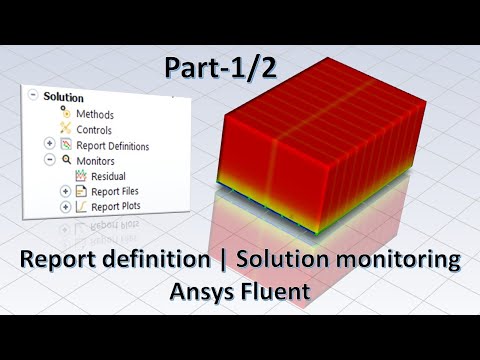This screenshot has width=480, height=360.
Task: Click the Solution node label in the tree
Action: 63,97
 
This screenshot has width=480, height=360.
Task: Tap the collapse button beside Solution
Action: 34,96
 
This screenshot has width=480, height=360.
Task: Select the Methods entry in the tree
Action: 95,114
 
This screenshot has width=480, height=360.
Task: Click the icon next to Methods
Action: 66,113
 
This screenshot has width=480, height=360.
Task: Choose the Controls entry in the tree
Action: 94,130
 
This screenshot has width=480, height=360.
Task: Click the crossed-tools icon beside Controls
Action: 66,129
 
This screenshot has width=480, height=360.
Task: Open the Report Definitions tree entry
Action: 113,146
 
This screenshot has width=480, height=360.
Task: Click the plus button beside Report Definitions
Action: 49,144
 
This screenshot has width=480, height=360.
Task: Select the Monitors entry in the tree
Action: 96,160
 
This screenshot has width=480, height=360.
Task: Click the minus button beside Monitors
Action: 49,159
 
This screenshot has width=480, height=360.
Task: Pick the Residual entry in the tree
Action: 108,176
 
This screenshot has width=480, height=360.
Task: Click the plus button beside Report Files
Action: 65,191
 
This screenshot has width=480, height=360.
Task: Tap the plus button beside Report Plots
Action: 65,207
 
